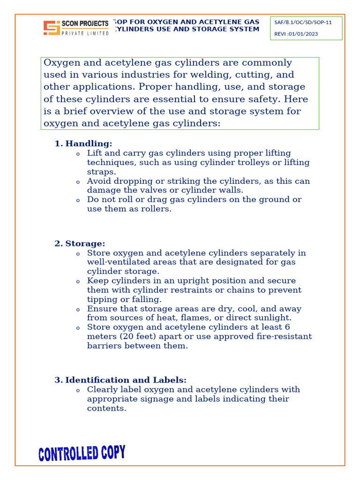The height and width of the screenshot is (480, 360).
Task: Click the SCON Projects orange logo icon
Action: [52, 28]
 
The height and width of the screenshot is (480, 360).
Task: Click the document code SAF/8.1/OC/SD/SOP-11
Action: [303, 22]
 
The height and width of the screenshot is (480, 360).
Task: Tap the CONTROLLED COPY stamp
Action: [82, 453]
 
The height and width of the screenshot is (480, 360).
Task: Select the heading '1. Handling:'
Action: [83, 143]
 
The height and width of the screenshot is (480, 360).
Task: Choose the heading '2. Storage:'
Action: [80, 243]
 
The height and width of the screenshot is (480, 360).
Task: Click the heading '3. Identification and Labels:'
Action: [120, 380]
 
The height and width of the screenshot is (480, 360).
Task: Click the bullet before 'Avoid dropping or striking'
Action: [78, 182]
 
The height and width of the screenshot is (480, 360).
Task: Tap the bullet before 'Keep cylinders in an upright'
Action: [78, 282]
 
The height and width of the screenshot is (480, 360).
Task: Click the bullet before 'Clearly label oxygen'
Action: [78, 390]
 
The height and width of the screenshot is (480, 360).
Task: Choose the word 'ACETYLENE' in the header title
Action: [221, 22]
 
